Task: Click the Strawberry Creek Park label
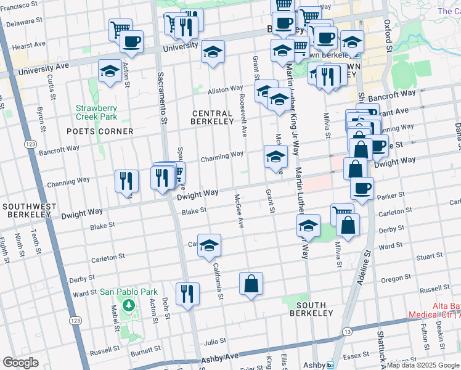click(96, 112)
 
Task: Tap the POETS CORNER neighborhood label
click(100, 131)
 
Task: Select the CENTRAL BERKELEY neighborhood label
click(213, 117)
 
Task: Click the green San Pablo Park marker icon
click(128, 305)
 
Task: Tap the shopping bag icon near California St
click(251, 284)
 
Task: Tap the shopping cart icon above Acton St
click(120, 28)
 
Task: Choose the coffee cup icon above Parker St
click(362, 187)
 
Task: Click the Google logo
click(20, 363)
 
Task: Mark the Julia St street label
click(215, 340)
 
